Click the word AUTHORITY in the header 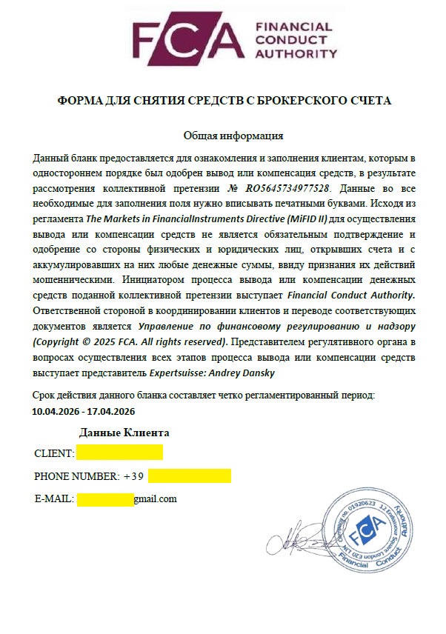click(295, 53)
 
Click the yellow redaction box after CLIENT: click(119, 452)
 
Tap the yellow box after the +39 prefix click(190, 475)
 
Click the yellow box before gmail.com click(104, 498)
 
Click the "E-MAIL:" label click(53, 499)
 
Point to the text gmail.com click(155, 498)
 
